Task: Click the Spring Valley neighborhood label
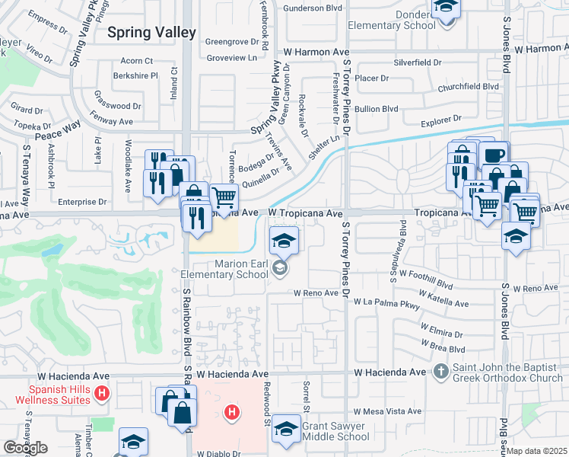click(151, 33)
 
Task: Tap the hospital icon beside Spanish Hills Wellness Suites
click(103, 395)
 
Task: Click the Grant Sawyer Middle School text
click(335, 432)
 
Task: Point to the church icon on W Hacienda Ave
click(440, 372)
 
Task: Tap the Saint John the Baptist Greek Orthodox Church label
click(508, 372)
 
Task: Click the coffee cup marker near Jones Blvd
click(494, 155)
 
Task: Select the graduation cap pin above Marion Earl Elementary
click(284, 241)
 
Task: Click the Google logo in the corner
click(24, 448)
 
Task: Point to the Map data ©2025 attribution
click(536, 451)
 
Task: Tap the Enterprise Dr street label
click(81, 202)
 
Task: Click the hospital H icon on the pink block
click(232, 413)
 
